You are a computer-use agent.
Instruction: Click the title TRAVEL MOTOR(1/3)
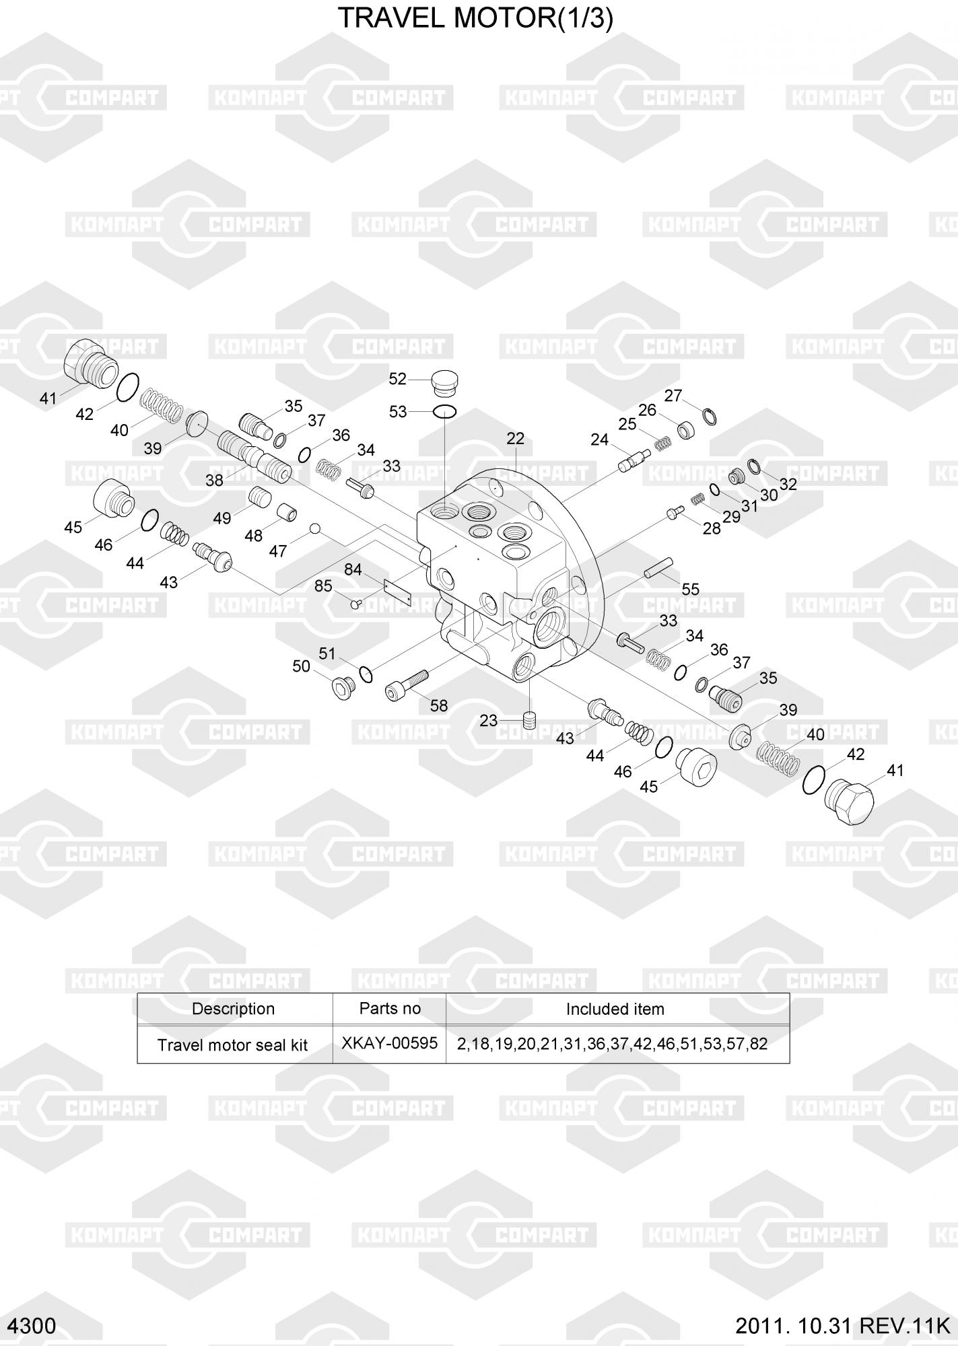(475, 18)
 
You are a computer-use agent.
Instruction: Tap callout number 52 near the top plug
(398, 380)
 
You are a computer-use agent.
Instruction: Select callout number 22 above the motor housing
(515, 439)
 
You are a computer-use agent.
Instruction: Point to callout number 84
(353, 570)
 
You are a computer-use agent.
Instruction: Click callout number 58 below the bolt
(439, 705)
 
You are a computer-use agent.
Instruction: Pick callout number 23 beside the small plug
(488, 721)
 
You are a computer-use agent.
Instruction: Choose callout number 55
(690, 590)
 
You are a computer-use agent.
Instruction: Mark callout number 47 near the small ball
(278, 551)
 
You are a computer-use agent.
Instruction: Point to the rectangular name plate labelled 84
(397, 593)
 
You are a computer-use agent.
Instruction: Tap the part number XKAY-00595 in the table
(389, 1043)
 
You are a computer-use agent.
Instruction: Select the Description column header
(233, 1009)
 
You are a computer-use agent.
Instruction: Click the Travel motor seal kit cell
(232, 1045)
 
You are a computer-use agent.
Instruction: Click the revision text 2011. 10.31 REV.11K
(842, 1326)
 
